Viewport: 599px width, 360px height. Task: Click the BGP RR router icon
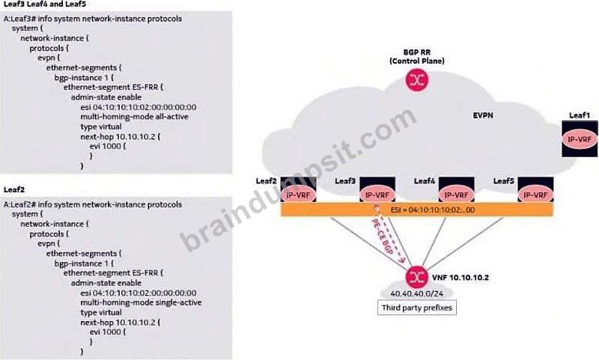(417, 80)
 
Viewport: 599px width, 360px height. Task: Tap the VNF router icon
(416, 277)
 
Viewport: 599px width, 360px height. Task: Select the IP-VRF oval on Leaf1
(580, 139)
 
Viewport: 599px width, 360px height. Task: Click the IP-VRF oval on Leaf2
(298, 195)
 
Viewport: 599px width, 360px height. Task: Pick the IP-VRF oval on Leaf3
(377, 195)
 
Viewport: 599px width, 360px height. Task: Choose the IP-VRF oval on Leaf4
(457, 195)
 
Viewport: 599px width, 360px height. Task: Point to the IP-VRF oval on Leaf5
(535, 195)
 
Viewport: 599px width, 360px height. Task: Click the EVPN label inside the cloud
(483, 115)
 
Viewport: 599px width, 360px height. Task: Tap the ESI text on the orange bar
(433, 210)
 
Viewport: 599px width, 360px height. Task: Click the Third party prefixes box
(417, 308)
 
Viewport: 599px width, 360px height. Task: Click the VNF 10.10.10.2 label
(460, 278)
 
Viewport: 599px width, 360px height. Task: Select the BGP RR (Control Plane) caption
(417, 56)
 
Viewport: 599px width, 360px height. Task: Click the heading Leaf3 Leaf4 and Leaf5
(45, 4)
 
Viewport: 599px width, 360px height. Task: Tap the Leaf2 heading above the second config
(14, 190)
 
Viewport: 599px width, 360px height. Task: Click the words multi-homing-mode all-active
(135, 117)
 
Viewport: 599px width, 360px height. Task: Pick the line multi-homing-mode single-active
(141, 302)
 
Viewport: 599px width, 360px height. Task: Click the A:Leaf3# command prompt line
(93, 19)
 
